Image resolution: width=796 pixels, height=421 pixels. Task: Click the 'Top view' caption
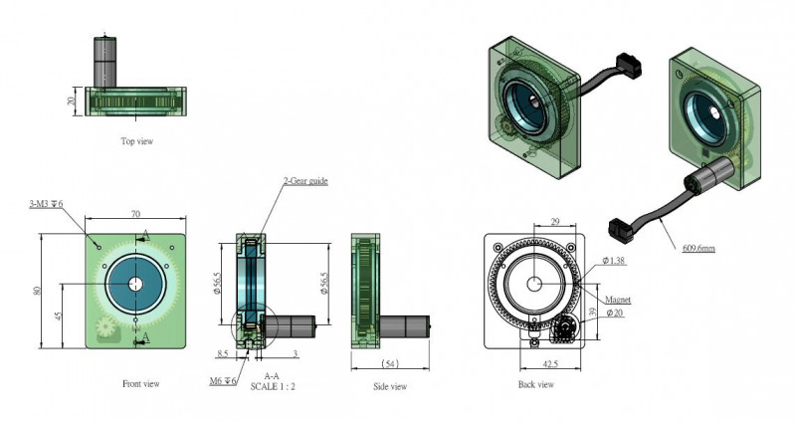coord(136,142)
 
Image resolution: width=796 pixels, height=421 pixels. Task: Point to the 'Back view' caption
coord(535,384)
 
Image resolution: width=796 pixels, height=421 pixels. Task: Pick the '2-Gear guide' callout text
coord(304,181)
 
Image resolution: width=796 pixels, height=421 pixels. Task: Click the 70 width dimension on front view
coord(136,214)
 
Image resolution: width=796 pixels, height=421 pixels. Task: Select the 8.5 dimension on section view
coord(224,351)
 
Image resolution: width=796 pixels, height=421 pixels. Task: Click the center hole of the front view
coord(135,284)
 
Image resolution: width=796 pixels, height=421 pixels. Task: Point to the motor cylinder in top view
coord(104,61)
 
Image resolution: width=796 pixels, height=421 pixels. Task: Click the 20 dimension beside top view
coord(72,102)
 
